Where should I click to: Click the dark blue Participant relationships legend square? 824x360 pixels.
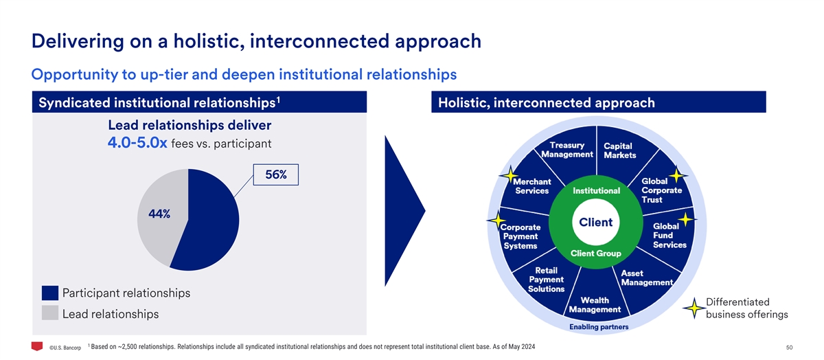point(50,293)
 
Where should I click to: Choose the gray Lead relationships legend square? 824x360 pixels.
point(50,313)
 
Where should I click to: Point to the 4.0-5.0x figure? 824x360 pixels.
point(137,144)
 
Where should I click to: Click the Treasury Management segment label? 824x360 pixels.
point(567,150)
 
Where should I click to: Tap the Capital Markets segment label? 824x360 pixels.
point(618,150)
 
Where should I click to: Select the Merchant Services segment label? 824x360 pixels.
point(531,186)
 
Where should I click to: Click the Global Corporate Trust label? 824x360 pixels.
point(661,190)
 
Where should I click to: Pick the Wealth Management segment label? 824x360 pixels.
point(594,305)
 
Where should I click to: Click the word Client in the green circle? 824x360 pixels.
point(595,223)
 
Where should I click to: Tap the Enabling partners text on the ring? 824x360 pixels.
point(596,327)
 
